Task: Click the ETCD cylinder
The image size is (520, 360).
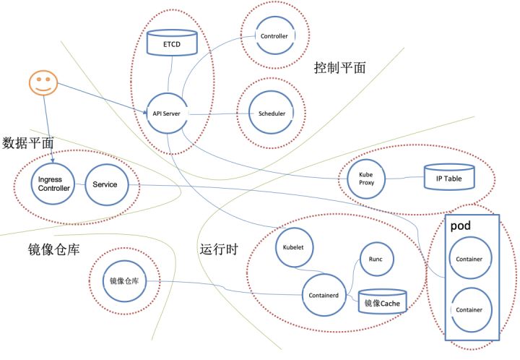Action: (x=171, y=43)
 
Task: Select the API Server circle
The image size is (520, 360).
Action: (x=166, y=113)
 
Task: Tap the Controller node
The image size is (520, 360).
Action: (x=274, y=36)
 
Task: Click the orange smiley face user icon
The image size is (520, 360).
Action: (x=42, y=85)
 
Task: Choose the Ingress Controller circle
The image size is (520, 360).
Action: (x=53, y=184)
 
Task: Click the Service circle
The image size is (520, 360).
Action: (x=105, y=184)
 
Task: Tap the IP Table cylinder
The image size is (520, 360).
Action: (x=448, y=177)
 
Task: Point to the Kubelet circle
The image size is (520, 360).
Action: (x=292, y=247)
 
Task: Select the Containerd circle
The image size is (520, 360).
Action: (x=323, y=296)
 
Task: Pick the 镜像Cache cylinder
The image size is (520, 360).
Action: (x=382, y=301)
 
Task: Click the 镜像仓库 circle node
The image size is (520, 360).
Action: (x=122, y=280)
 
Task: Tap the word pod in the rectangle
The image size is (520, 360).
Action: (x=461, y=226)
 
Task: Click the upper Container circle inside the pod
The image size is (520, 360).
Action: (x=469, y=258)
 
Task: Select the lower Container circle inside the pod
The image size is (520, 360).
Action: (x=469, y=309)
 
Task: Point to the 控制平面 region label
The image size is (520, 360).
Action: (x=339, y=69)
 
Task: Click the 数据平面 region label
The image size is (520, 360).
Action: (x=28, y=142)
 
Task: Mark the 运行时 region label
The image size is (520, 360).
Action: (x=218, y=249)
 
